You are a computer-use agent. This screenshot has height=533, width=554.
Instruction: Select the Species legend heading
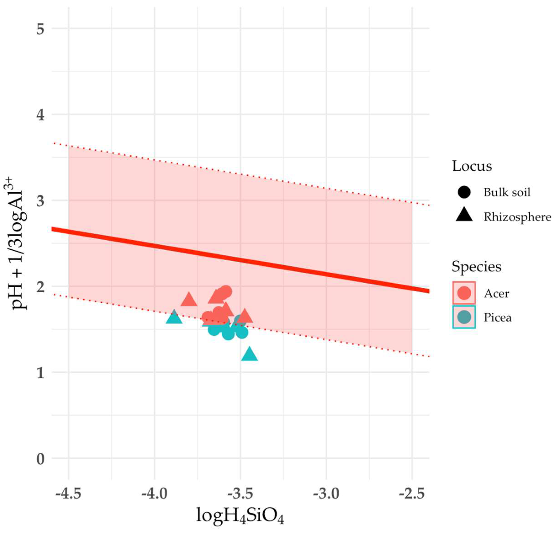476,266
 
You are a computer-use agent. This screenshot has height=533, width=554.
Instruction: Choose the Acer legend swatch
464,293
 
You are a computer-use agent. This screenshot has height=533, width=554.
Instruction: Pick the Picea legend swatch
464,317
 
